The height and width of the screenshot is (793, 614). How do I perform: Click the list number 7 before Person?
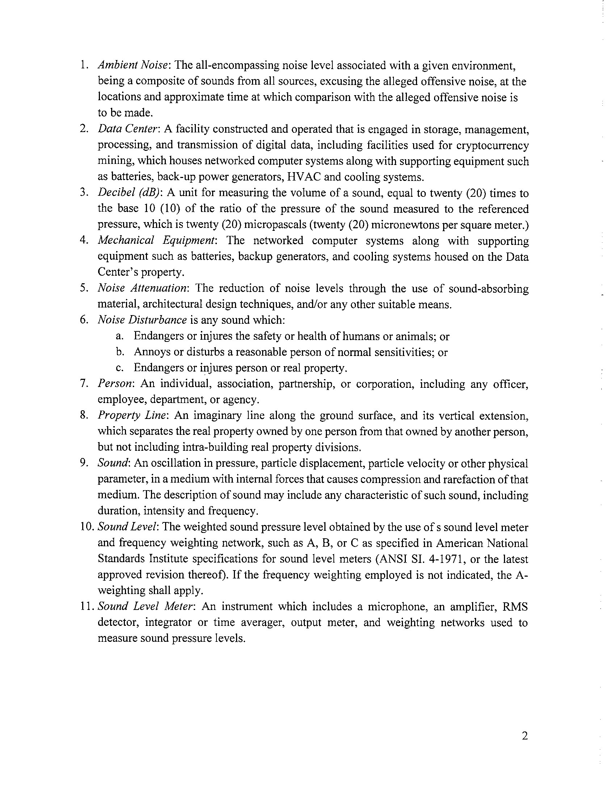83,384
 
